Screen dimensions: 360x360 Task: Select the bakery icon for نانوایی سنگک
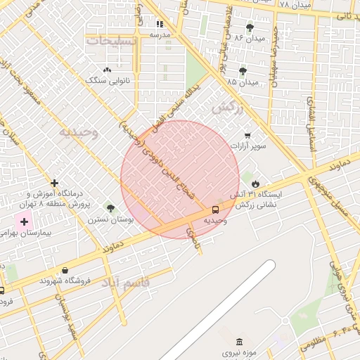click(107, 70)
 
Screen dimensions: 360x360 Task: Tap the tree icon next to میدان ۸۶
click(250, 27)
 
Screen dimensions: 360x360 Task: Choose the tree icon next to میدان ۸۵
click(243, 70)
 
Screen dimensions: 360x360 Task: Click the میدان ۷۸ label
click(294, 5)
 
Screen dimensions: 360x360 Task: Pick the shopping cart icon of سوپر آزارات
click(247, 135)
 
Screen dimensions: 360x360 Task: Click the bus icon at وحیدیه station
click(215, 209)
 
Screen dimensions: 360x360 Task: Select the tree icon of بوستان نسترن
click(110, 207)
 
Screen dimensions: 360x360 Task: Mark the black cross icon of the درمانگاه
click(54, 183)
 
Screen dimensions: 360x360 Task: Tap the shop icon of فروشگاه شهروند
click(65, 270)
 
